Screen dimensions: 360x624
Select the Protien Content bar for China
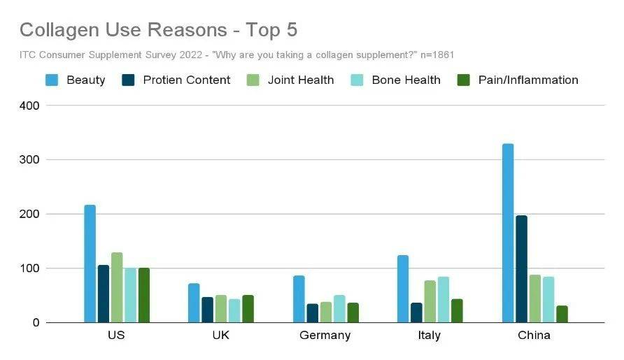521,269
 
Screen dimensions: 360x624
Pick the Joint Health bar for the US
117,287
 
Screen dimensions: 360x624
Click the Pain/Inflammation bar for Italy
457,310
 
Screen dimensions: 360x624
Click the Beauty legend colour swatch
52,80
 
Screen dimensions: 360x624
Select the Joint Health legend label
301,80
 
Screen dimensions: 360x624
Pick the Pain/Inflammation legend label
528,80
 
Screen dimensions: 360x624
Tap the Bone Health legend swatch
357,80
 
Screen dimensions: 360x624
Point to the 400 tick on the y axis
29,106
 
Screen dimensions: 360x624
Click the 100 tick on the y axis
29,268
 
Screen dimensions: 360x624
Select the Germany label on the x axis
325,336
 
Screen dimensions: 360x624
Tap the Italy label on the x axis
429,336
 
